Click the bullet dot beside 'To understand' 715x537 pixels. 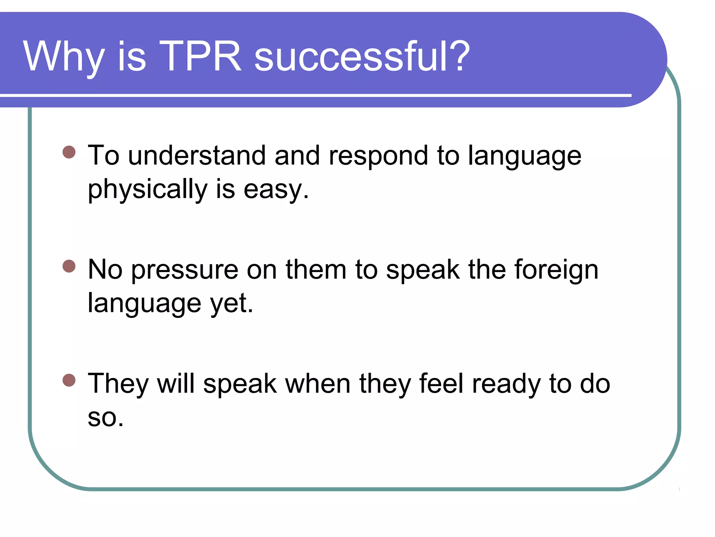[x=69, y=152]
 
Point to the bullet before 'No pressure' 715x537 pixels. [x=69, y=266]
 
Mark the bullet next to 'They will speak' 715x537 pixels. [x=69, y=380]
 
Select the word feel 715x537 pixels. [x=441, y=384]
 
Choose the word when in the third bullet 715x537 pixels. [x=318, y=384]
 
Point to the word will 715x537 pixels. [x=176, y=384]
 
